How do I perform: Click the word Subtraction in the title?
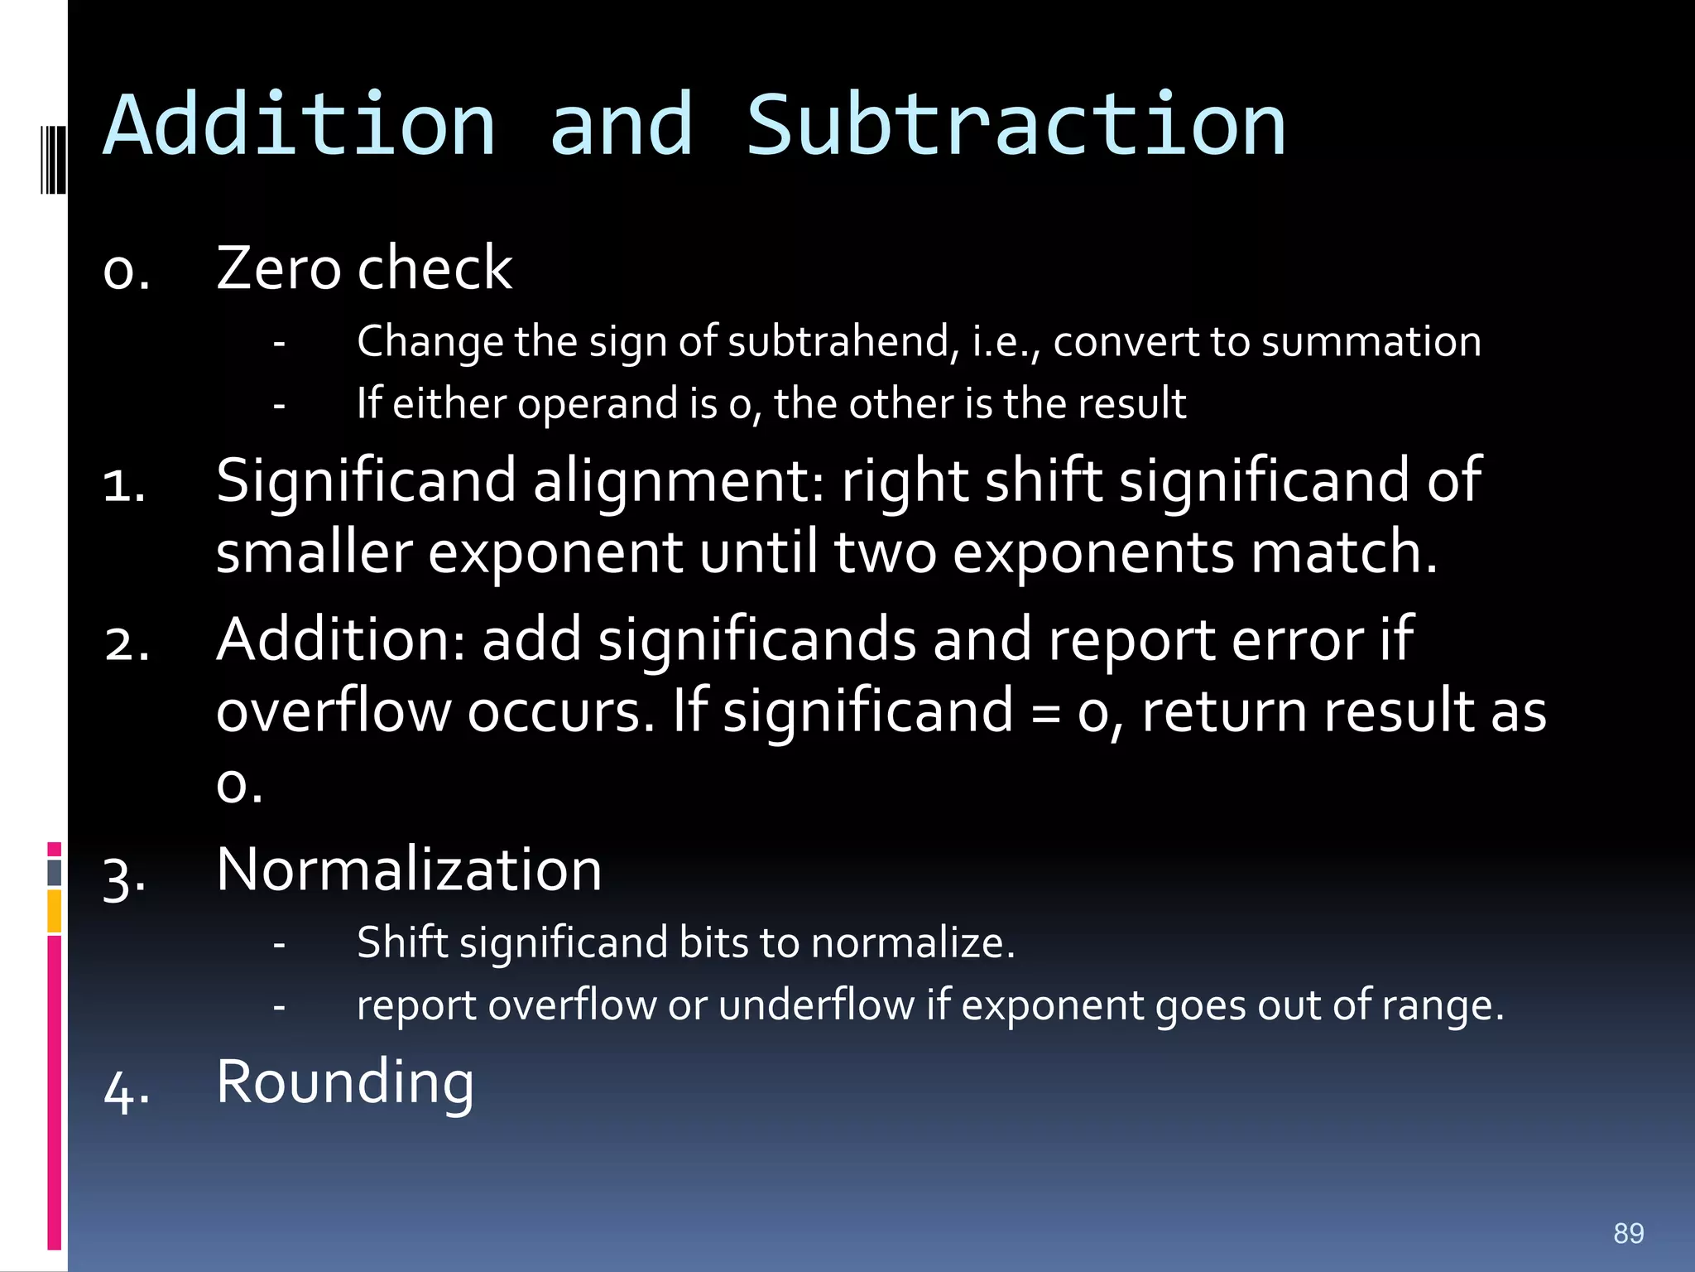tap(1016, 126)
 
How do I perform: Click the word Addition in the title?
tap(300, 126)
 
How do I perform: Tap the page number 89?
tap(1628, 1233)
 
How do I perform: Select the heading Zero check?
tap(364, 268)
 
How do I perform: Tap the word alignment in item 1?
tap(679, 481)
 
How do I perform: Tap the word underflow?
tap(816, 1006)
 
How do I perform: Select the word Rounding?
tap(345, 1082)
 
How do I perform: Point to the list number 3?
tap(124, 876)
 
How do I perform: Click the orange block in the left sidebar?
tap(54, 911)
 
